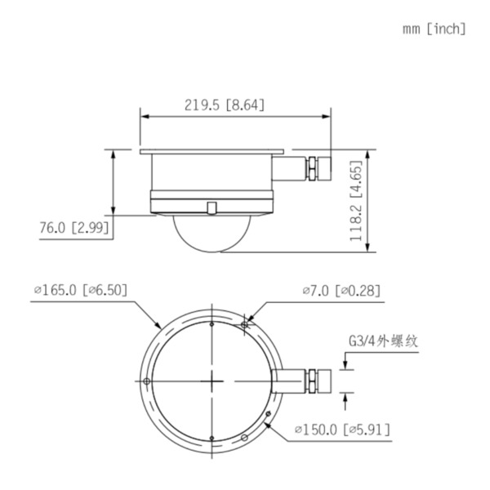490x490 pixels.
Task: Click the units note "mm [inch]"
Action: pyautogui.click(x=434, y=29)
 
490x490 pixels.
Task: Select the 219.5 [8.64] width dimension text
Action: pyautogui.click(x=224, y=105)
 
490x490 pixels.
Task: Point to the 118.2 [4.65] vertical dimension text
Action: pyautogui.click(x=356, y=201)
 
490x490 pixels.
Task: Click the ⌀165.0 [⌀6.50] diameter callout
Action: pyautogui.click(x=80, y=290)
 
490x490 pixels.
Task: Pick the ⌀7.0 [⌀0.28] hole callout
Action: pyautogui.click(x=341, y=290)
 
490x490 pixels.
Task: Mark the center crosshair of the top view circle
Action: pyautogui.click(x=212, y=381)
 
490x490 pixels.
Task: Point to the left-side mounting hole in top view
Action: pyautogui.click(x=146, y=381)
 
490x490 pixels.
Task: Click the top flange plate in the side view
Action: pyautogui.click(x=212, y=151)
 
